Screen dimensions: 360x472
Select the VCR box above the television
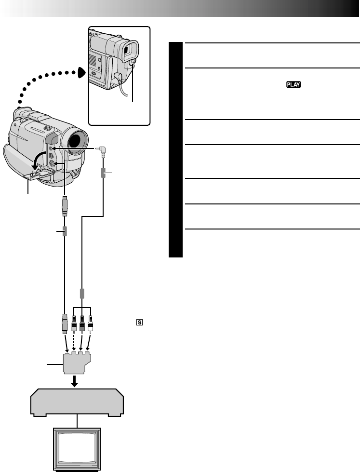[78, 401]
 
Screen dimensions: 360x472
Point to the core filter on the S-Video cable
[65, 231]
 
